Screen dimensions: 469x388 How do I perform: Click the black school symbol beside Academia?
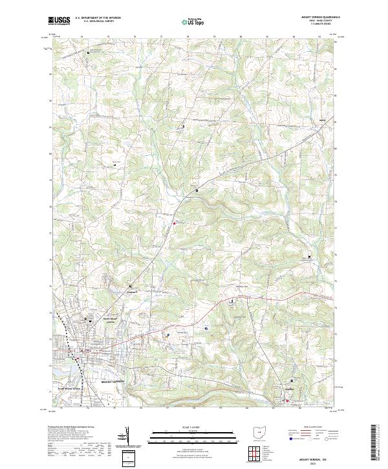130,285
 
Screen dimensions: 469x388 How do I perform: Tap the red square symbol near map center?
174,224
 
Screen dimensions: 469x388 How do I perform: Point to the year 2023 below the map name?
316,462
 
